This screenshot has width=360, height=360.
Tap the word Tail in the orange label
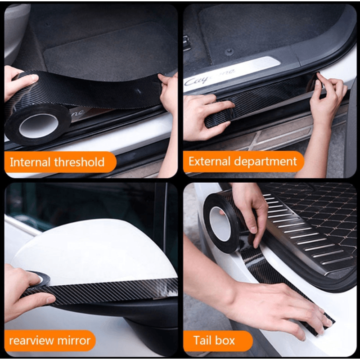[202, 340]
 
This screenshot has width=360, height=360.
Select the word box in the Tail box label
[225, 340]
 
